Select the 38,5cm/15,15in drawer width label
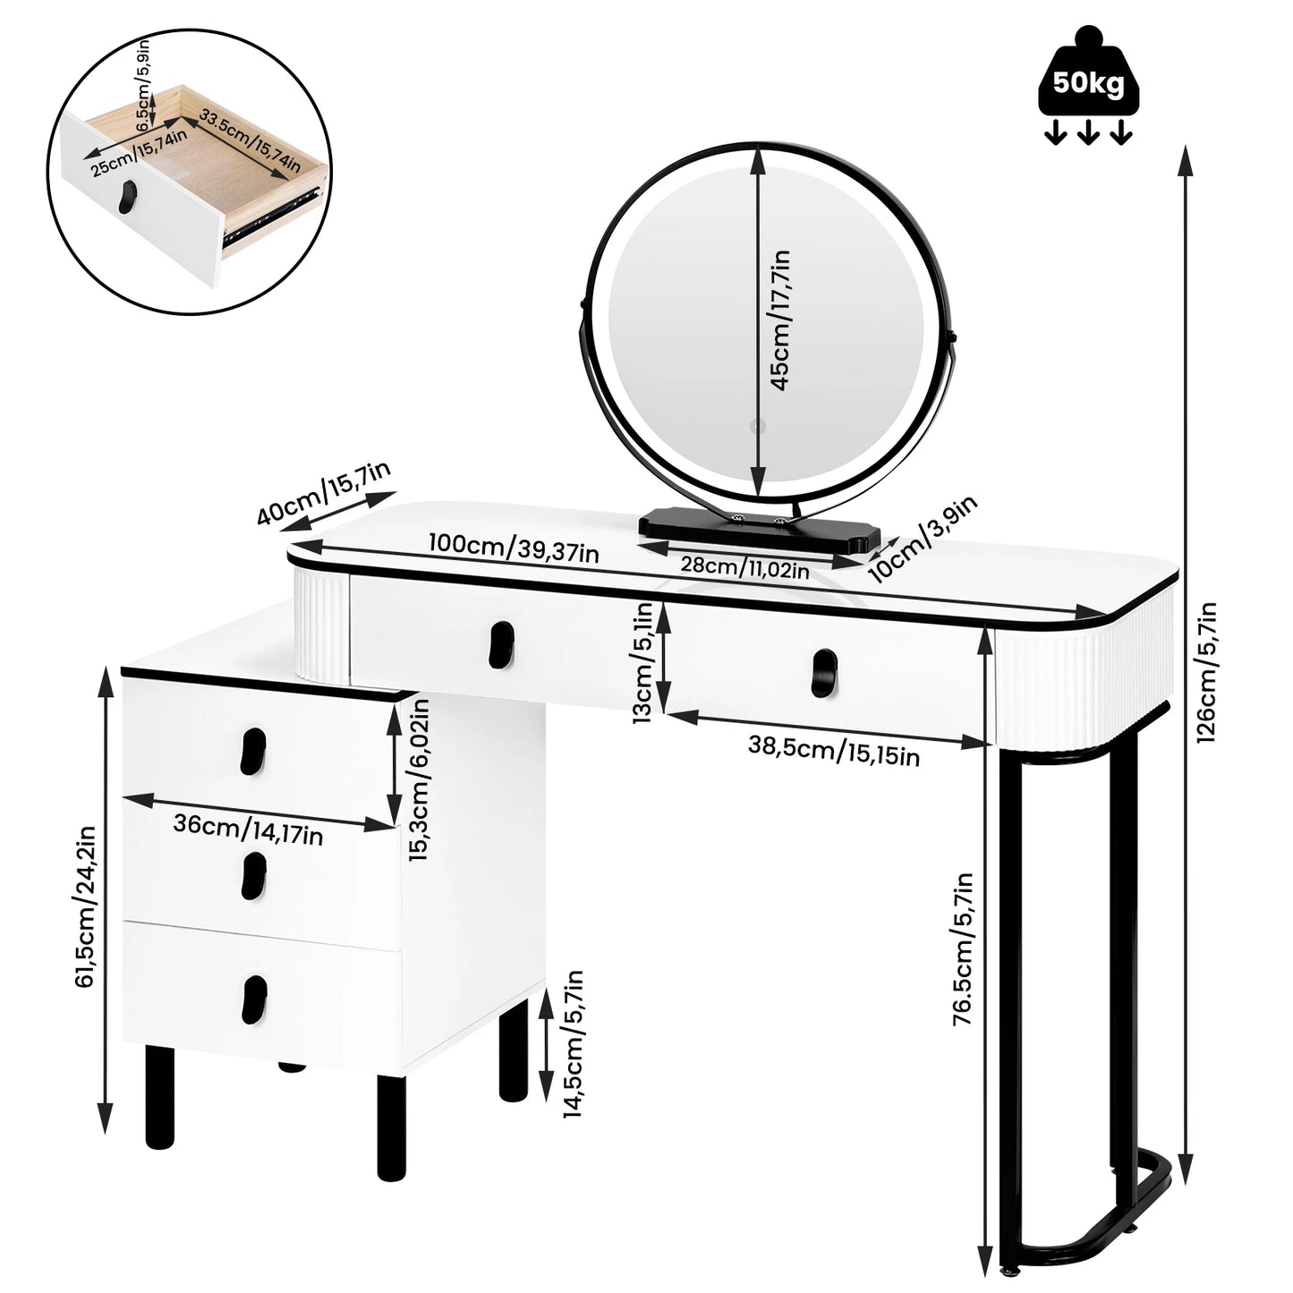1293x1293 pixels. point(833,753)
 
